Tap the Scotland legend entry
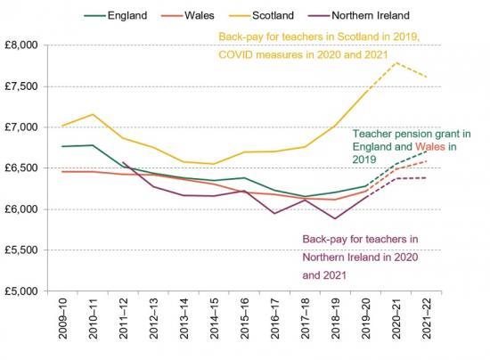(284, 15)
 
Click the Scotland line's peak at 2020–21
(396, 62)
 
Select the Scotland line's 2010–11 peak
(93, 114)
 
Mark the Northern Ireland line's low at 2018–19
(335, 218)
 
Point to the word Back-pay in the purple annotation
(325, 240)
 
